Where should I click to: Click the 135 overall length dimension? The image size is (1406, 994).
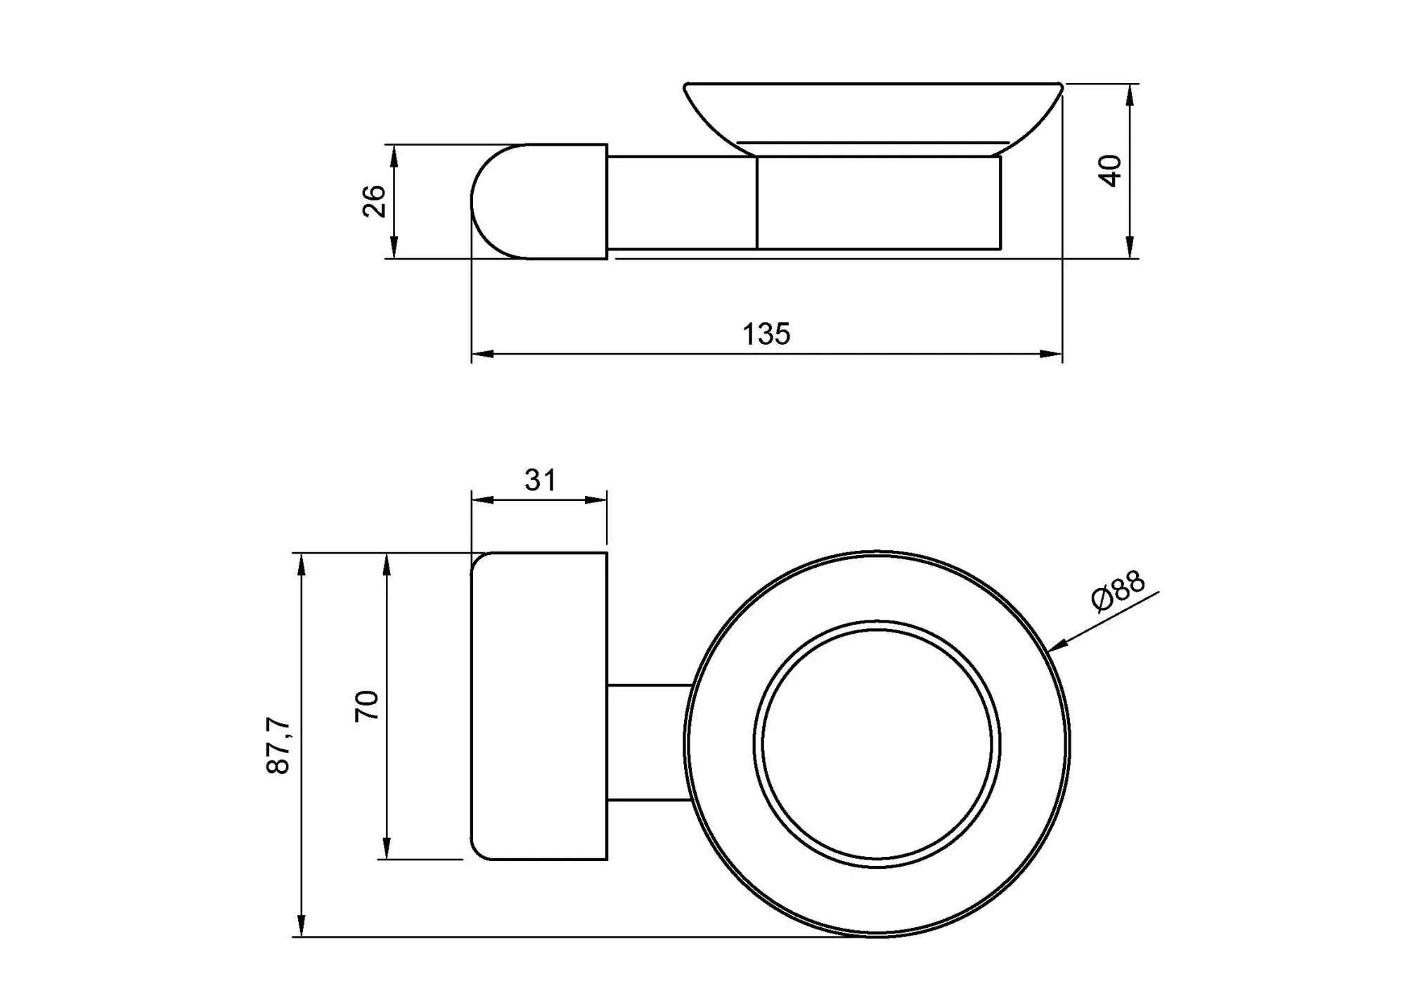click(766, 334)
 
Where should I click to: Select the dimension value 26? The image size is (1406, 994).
click(375, 201)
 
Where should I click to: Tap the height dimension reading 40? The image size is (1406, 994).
click(1110, 171)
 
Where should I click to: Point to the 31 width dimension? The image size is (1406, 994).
click(540, 480)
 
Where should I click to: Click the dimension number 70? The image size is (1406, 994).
click(367, 706)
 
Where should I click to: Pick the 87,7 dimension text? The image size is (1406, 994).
click(278, 746)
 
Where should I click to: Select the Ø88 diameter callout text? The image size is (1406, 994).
click(1118, 591)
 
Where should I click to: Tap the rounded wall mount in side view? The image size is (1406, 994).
click(539, 201)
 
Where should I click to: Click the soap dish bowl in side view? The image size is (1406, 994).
click(873, 118)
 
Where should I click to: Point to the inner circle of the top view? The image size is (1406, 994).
click(877, 744)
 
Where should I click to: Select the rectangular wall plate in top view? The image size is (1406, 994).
click(538, 706)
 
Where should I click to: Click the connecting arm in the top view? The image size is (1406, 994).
click(650, 742)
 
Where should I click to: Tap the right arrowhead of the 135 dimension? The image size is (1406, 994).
click(1051, 354)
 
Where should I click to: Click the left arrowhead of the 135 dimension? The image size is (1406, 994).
click(482, 354)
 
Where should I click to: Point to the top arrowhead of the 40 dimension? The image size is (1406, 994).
click(1130, 95)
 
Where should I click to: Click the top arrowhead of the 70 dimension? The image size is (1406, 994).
click(387, 564)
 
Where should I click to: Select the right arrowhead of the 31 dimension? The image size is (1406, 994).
click(595, 499)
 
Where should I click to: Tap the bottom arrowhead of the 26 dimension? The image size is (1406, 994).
click(394, 248)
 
